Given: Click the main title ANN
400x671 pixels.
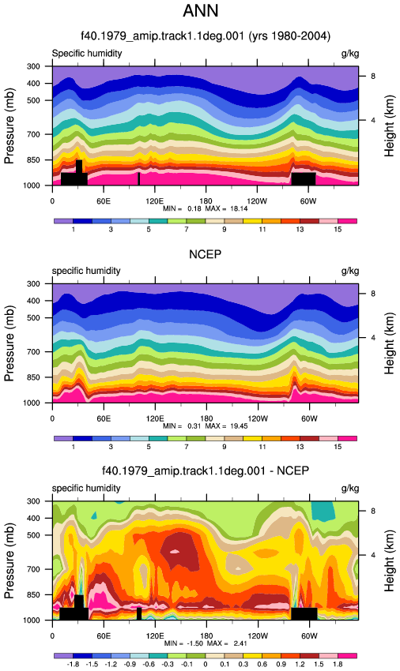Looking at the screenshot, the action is (201, 11).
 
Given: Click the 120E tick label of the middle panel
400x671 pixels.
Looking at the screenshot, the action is (154, 418).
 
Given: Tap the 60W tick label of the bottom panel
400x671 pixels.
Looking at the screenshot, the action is (308, 636).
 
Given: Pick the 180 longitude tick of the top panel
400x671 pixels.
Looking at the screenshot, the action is (206, 201).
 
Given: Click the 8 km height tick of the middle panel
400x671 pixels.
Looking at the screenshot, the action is (373, 294).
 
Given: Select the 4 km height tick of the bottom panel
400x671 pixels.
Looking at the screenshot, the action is (373, 555).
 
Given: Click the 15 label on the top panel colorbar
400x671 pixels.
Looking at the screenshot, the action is (338, 230).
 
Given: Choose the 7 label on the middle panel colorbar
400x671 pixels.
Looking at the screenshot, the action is (187, 447).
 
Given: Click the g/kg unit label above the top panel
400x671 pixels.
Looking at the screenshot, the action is (350, 54).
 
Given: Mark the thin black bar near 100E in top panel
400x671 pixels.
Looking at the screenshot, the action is (138, 179).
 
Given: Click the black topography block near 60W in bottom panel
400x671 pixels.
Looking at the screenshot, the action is (304, 613).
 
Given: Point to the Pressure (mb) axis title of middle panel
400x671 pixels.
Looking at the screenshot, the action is (9, 343).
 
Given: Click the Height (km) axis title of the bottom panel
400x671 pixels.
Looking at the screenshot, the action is (389, 560).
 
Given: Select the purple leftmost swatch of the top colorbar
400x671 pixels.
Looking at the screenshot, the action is (63, 221).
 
